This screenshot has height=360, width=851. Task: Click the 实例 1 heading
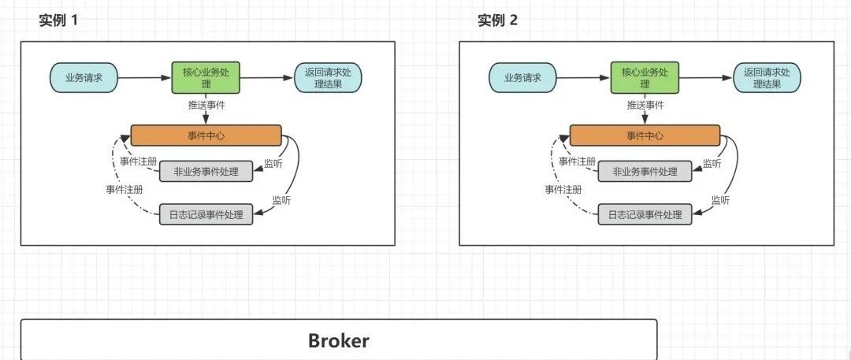click(x=58, y=20)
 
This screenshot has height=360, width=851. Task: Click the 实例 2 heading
click(x=498, y=20)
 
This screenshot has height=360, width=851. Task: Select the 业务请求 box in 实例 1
click(x=84, y=78)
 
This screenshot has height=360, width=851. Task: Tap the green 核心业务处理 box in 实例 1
click(x=206, y=78)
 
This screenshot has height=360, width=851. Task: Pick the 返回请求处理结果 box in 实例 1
click(x=329, y=78)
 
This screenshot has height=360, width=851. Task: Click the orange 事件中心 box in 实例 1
click(x=206, y=135)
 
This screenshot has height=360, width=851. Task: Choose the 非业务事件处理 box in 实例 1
click(x=206, y=172)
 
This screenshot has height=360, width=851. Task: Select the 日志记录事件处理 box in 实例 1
click(x=206, y=214)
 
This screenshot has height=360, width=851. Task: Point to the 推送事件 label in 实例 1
click(x=206, y=106)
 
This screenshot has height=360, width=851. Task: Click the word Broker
click(x=339, y=340)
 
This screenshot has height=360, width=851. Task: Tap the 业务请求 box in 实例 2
click(x=522, y=78)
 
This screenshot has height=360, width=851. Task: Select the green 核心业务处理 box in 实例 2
click(x=645, y=78)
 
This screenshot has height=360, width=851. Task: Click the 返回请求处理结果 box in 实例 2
click(x=767, y=78)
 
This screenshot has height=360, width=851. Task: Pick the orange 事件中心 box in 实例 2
click(x=645, y=135)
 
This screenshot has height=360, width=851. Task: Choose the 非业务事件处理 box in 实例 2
click(x=645, y=172)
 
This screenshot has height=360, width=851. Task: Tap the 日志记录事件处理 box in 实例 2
click(x=645, y=214)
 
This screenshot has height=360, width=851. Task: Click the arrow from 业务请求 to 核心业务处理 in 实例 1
click(x=144, y=78)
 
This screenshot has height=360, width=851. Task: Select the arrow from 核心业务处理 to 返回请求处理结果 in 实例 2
click(x=706, y=78)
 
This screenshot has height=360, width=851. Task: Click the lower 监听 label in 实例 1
click(x=281, y=200)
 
